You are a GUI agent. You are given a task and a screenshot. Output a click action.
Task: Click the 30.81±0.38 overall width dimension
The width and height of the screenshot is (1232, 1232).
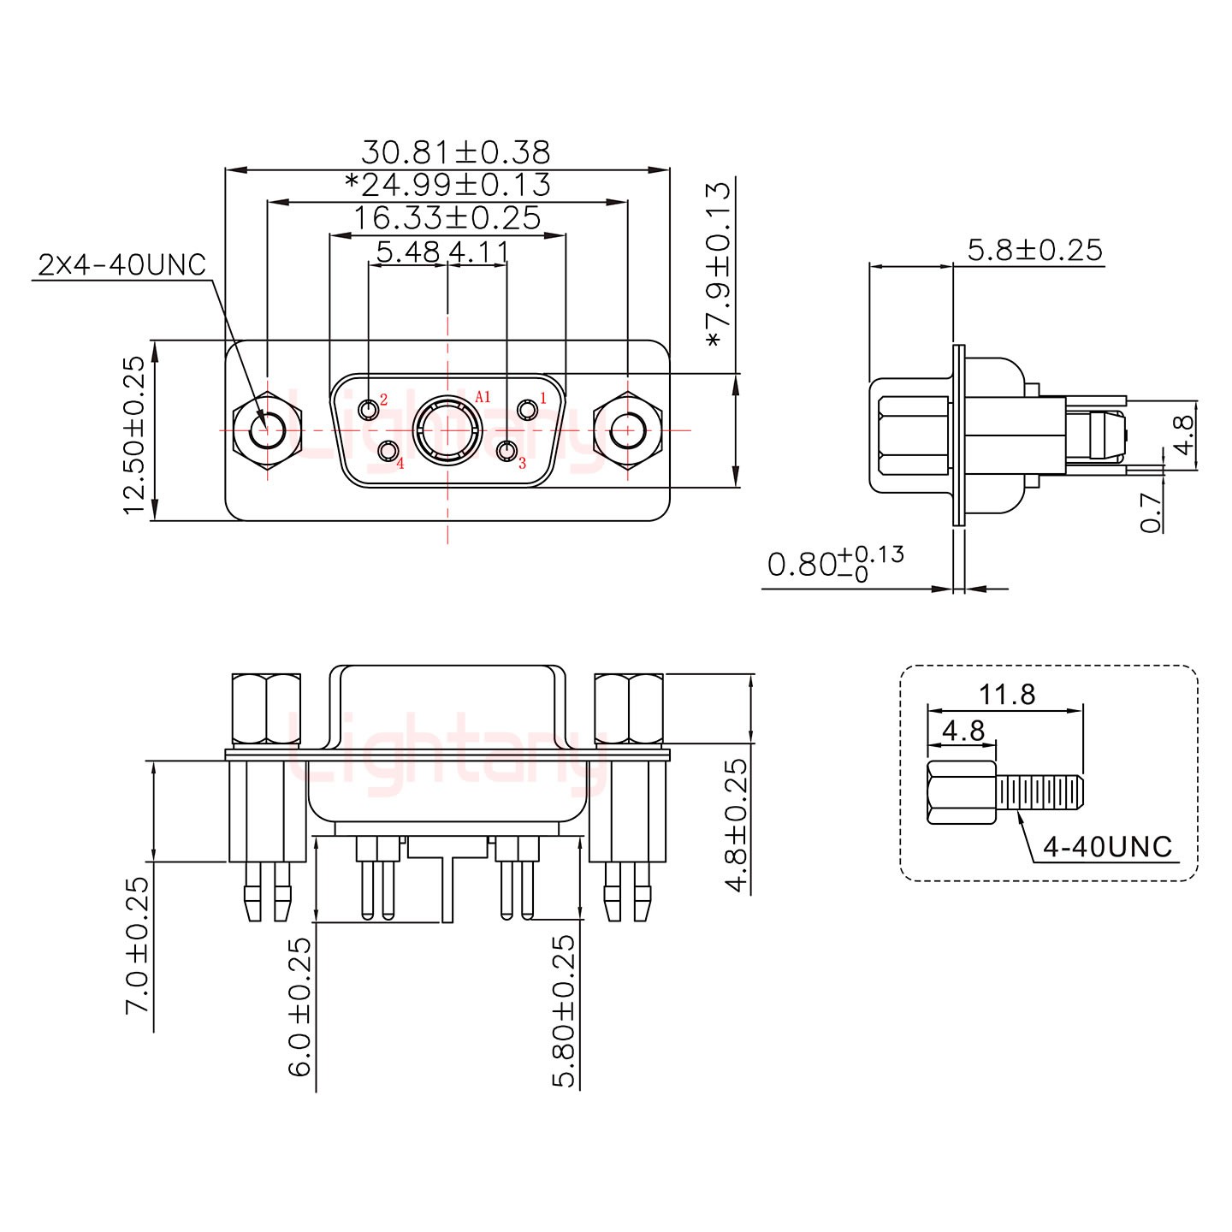coord(455,152)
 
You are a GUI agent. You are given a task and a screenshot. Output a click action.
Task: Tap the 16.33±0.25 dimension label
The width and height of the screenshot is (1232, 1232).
coord(447,219)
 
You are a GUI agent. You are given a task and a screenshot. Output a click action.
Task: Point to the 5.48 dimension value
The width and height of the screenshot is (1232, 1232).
coord(408,252)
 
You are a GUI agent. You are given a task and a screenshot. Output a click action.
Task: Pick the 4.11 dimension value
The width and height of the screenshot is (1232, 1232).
coord(479,252)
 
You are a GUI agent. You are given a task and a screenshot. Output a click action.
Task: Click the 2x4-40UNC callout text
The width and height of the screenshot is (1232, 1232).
coord(121,265)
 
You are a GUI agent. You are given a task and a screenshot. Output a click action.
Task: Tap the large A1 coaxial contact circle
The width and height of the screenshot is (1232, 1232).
coord(447,430)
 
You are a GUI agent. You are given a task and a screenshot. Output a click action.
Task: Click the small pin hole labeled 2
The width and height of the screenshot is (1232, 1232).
coord(370,411)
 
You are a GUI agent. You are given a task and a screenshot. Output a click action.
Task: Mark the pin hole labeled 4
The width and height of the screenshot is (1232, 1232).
coord(388,451)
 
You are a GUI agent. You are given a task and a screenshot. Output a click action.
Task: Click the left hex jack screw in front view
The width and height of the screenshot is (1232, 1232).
coord(268,430)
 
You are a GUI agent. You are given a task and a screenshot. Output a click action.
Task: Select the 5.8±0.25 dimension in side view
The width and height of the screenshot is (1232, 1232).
coord(1034,250)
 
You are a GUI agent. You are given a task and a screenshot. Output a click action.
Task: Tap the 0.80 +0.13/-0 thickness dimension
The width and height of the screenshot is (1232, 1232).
coord(834,565)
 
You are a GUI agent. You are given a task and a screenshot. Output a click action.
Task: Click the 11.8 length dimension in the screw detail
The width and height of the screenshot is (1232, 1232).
coord(1007,694)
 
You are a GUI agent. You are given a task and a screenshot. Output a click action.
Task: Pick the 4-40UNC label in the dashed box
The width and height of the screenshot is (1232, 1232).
coord(1107,846)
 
